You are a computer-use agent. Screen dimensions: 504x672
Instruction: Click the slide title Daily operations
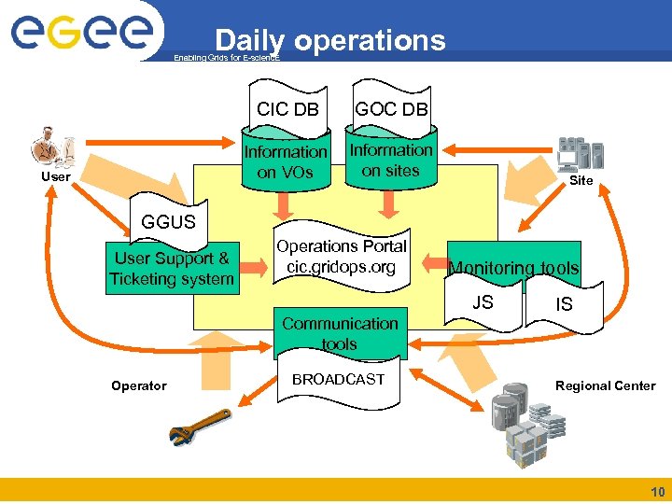pyautogui.click(x=329, y=40)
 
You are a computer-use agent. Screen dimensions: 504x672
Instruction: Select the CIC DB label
pyautogui.click(x=287, y=109)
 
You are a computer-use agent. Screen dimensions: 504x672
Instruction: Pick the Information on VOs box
pyautogui.click(x=286, y=161)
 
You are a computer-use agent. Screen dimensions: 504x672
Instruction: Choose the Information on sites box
pyautogui.click(x=390, y=160)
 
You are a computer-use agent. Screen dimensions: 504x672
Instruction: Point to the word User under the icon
pyautogui.click(x=55, y=176)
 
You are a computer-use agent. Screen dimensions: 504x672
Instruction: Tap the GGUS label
pyautogui.click(x=168, y=222)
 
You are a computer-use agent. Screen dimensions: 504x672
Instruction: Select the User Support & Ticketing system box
pyautogui.click(x=171, y=269)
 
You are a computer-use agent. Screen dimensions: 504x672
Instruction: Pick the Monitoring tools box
pyautogui.click(x=513, y=268)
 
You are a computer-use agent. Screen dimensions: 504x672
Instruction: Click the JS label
pyautogui.click(x=483, y=302)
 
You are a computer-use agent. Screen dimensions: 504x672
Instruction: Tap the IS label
pyautogui.click(x=564, y=305)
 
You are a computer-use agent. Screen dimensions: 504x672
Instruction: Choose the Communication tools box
pyautogui.click(x=340, y=333)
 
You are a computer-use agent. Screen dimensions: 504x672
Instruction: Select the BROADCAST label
pyautogui.click(x=338, y=379)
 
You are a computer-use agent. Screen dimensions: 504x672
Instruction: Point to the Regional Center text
pyautogui.click(x=605, y=385)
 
